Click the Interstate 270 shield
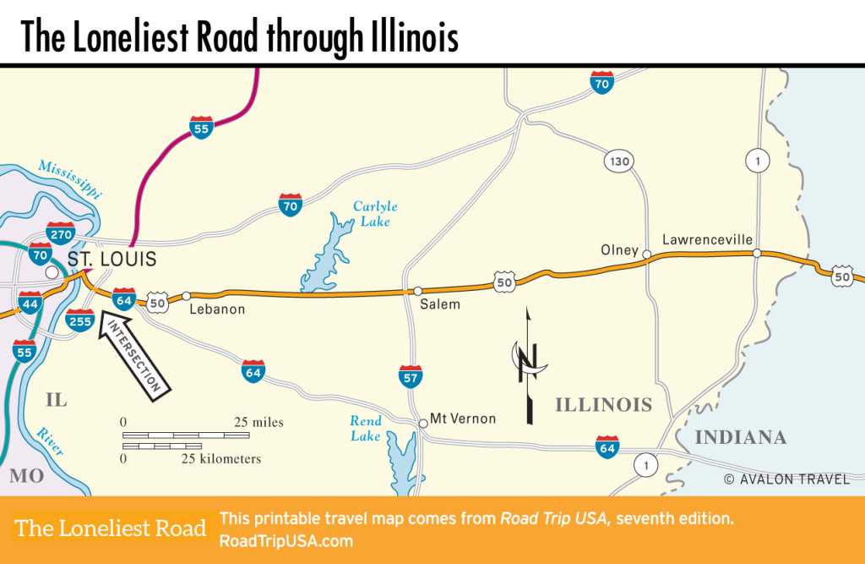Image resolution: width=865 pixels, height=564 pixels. coord(62,233)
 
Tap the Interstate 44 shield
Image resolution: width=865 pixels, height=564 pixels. coord(30,301)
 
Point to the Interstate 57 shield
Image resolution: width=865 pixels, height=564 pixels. coord(411,376)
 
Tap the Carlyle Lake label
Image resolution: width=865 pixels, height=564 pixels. coord(374,213)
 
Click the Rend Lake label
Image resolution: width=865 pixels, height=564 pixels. coord(366,428)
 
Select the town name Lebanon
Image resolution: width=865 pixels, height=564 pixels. coord(217,309)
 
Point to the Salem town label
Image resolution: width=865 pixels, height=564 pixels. coord(439,304)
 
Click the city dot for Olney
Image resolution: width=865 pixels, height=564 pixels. coord(646,254)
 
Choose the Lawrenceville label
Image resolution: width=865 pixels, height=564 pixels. coord(707,240)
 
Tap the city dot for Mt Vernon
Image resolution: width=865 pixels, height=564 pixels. coord(422,423)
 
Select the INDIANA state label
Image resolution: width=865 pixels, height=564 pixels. coord(740,438)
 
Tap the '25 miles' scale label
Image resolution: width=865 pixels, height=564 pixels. coord(258,422)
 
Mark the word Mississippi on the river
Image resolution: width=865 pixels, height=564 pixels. coord(71,177)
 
